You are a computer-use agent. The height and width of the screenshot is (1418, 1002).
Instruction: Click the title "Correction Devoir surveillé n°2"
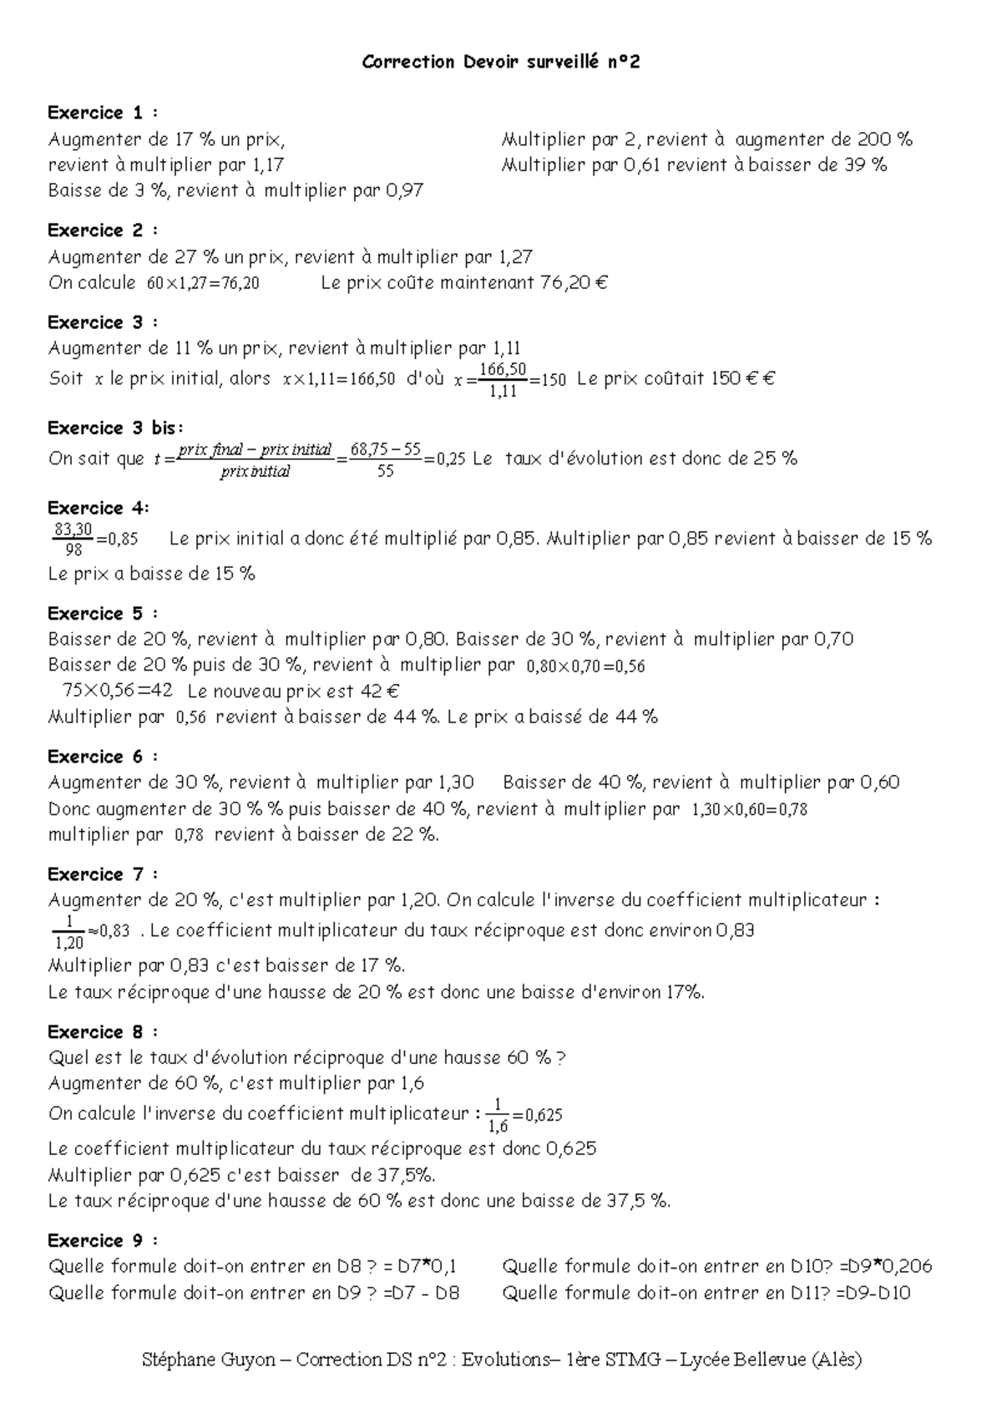pyautogui.click(x=501, y=62)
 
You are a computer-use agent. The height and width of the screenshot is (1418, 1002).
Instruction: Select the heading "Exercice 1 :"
pyautogui.click(x=103, y=113)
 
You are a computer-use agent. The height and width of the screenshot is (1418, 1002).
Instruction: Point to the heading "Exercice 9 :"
pyautogui.click(x=103, y=1240)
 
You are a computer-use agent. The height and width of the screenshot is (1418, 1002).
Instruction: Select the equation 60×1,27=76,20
pyautogui.click(x=203, y=283)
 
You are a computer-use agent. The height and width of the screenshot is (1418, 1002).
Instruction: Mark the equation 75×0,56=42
pyautogui.click(x=118, y=691)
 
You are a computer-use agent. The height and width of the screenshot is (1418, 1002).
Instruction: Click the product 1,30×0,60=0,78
pyautogui.click(x=749, y=809)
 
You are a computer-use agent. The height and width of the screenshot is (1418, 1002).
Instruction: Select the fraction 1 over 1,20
pyautogui.click(x=68, y=931)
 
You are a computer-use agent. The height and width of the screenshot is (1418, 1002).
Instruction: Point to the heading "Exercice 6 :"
pyautogui.click(x=103, y=757)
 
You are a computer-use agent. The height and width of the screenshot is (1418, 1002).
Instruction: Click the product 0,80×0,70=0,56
pyautogui.click(x=586, y=666)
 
